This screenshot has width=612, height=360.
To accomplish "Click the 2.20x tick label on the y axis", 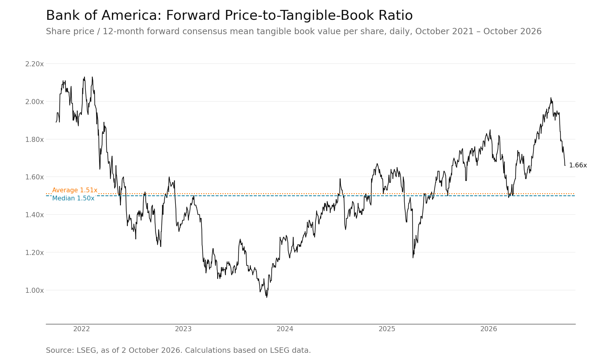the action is pos(34,64).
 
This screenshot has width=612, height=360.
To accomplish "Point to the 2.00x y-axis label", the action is pos(34,102).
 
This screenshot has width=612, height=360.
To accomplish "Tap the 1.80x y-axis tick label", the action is pos(34,139).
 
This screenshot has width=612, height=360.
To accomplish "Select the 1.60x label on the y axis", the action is pos(34,177).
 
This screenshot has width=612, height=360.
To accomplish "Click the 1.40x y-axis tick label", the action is pos(34,215).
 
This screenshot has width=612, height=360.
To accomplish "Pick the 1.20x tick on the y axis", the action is pos(34,253).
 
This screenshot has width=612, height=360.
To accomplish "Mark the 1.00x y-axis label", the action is pos(34,290).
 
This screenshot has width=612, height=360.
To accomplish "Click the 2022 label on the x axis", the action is pos(82,329).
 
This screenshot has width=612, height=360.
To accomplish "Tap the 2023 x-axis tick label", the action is pos(183,329).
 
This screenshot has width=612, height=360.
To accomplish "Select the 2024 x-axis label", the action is pos(285,329).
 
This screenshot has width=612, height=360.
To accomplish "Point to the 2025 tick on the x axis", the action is pos(387,329).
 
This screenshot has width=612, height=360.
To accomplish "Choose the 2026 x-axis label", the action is pos(489,329).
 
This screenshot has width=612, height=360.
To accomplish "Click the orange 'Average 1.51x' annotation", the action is pos(75,190).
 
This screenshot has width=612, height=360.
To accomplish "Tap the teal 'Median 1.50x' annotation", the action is pos(73,198).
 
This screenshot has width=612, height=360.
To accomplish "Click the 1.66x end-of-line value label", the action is pos(578,165).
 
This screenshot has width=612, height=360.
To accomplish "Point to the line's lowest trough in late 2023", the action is pos(267,297).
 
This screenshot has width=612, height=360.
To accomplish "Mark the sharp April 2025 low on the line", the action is pos(413,258).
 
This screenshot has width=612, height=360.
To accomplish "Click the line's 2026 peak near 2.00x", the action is pos(551,97).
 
